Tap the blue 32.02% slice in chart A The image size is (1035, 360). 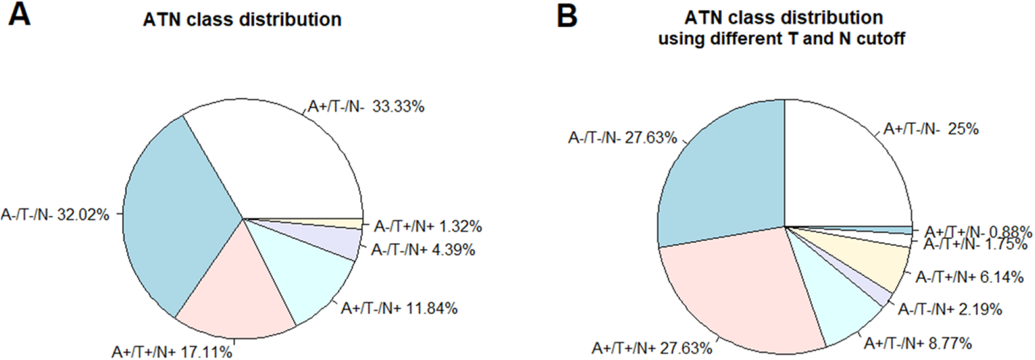(179, 219)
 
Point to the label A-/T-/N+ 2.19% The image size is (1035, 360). (948, 310)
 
